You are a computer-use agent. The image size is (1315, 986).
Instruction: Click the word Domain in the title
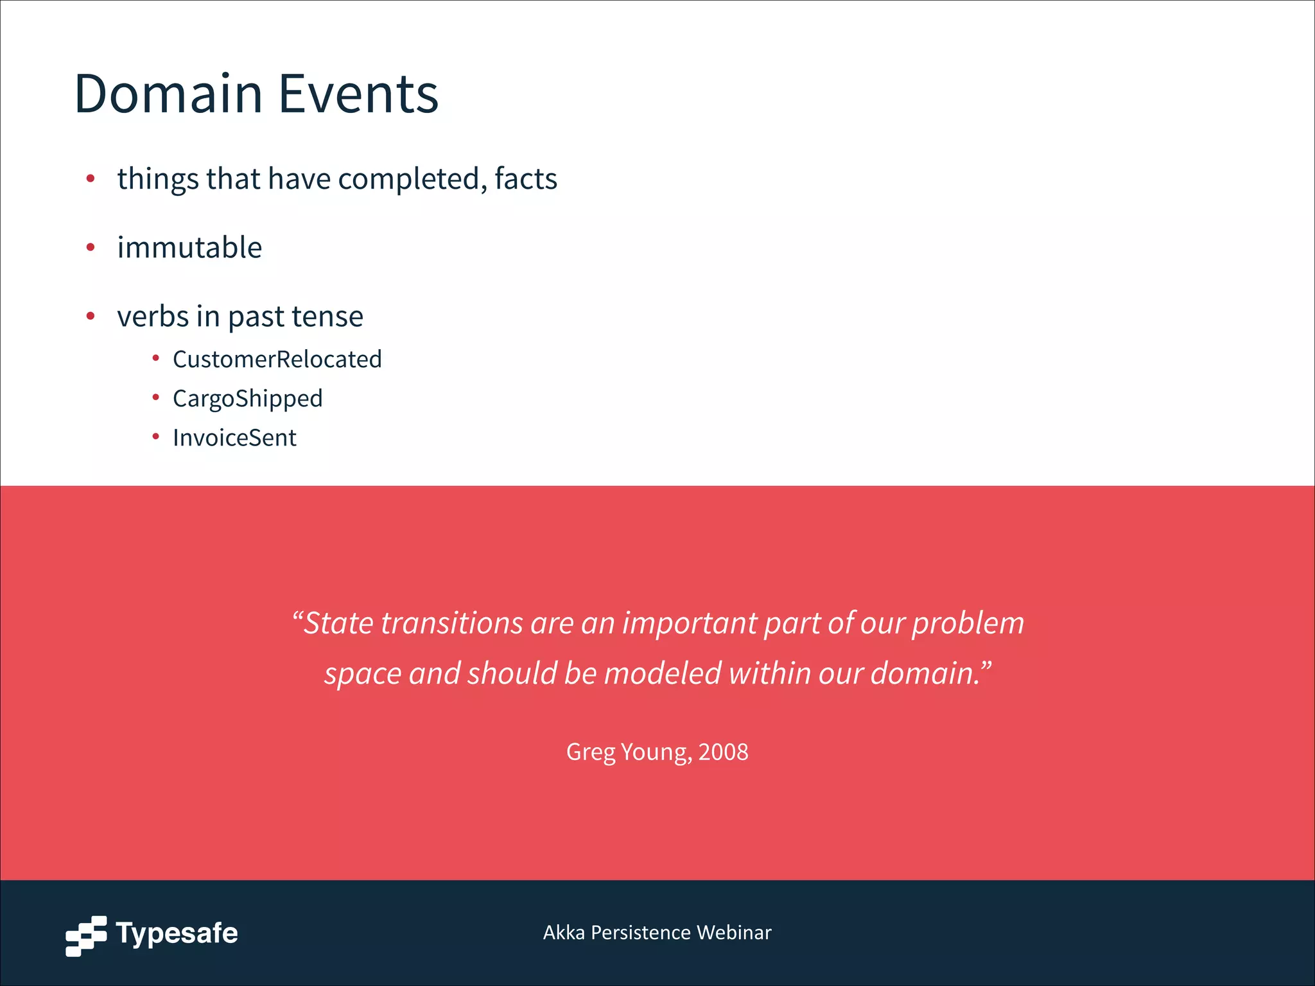(168, 94)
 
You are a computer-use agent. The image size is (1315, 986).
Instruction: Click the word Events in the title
(358, 94)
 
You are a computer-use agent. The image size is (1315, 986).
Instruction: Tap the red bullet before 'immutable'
(91, 247)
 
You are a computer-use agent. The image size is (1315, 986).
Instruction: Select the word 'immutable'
(189, 247)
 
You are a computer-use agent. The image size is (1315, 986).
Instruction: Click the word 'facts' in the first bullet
(525, 178)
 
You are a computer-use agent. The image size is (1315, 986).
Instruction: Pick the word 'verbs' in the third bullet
(152, 316)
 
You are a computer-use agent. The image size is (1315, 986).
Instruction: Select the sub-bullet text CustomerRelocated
(277, 359)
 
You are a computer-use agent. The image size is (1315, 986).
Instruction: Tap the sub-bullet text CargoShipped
(247, 399)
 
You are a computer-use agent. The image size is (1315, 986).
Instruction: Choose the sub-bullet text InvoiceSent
(234, 438)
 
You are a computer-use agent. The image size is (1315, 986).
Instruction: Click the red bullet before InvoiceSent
(155, 437)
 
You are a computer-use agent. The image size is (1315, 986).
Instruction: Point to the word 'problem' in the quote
(968, 623)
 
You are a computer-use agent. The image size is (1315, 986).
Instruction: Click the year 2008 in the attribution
(723, 752)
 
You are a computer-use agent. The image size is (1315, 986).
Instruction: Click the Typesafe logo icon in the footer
(86, 935)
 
